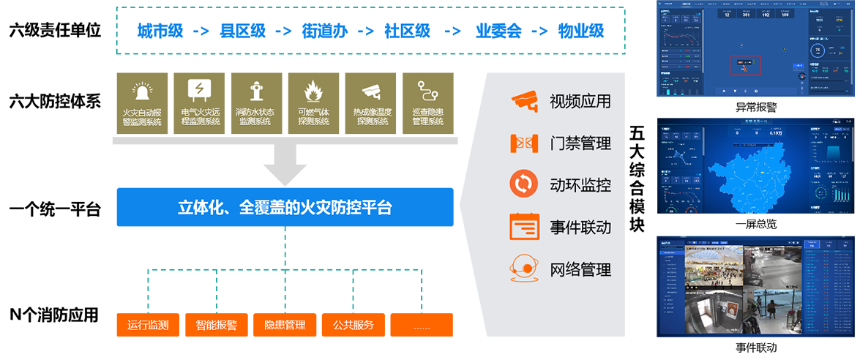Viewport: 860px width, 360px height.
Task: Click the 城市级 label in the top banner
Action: pos(160,31)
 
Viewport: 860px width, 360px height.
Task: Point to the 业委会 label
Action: pos(498,31)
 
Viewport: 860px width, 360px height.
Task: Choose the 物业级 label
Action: pos(580,31)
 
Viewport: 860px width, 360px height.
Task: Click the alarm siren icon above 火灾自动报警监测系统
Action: pos(141,91)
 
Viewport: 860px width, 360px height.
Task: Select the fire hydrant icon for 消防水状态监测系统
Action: pos(255,91)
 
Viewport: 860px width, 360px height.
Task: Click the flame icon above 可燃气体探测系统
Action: pos(314,91)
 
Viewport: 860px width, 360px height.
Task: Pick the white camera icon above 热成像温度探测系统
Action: pos(372,91)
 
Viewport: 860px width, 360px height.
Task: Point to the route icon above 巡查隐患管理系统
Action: pos(427,91)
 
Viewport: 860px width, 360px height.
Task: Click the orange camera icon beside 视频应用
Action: pos(524,101)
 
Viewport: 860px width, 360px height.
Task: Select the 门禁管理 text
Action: pos(580,143)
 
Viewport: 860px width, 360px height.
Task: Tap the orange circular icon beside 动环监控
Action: pos(524,184)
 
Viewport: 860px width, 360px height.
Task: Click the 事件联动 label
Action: pos(580,228)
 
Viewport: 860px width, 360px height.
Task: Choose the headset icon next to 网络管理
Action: pos(524,269)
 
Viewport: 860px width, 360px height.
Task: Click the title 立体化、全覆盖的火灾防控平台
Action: pos(285,208)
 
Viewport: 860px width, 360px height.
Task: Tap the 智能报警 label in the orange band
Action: pos(216,325)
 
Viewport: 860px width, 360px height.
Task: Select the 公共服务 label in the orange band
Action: pos(353,325)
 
